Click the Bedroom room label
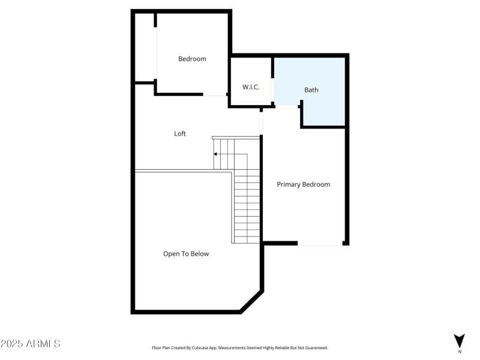pos(192,59)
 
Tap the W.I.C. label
pos(251,88)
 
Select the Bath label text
pos(311,90)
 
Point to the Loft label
pos(180,134)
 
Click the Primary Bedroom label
pos(303,184)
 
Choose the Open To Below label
pos(186,254)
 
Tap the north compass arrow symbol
pos(460,340)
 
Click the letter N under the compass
pos(460,352)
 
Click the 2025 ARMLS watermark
pos(30,344)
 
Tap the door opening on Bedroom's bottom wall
pos(215,94)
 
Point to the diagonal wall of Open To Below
pos(251,302)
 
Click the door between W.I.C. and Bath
pos(273,91)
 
